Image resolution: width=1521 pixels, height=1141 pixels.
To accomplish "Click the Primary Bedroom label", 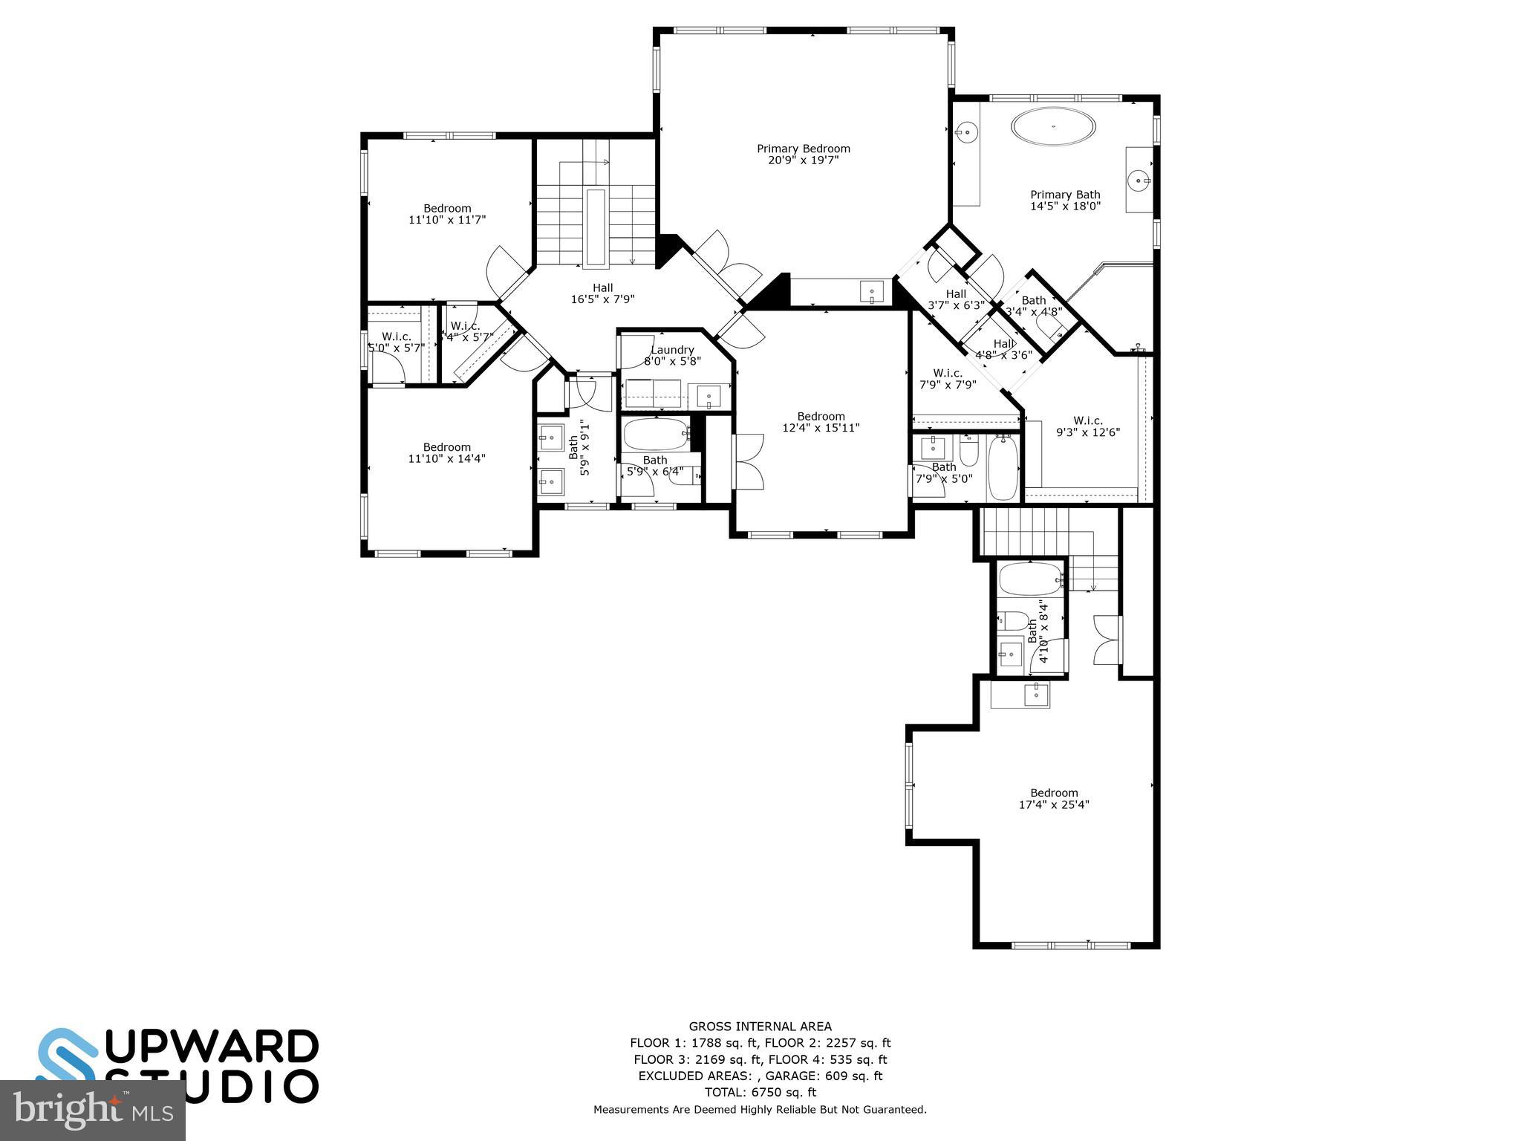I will coord(803,154).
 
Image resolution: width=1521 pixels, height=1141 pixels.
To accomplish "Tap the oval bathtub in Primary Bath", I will coord(1053,127).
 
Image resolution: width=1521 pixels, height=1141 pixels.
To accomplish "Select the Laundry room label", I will coord(672,355).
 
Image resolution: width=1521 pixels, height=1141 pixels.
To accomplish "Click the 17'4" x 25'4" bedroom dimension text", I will coord(1054,804).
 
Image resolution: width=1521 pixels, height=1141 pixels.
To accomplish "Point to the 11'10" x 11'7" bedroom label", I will coord(447,214).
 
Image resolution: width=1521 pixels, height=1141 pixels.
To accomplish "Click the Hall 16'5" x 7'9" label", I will coord(602,293).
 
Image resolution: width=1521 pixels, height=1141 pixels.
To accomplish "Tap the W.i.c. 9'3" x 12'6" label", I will coord(1088,426).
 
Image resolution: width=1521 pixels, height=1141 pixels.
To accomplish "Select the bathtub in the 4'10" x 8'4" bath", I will coord(1030,579).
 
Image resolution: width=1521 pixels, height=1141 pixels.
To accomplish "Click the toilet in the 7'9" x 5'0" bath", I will coord(969,450).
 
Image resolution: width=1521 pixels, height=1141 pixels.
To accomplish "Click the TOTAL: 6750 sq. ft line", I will coord(760,1092).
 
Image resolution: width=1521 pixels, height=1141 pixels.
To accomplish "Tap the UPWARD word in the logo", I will coord(215,1047).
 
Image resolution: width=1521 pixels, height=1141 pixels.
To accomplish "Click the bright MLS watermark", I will coord(93,1111).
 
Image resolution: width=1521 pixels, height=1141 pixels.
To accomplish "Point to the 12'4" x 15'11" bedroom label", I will coord(821,422).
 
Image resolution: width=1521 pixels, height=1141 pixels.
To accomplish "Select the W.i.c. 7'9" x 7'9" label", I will coord(948,379).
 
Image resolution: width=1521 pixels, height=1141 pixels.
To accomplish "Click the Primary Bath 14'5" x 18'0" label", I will coord(1065,200).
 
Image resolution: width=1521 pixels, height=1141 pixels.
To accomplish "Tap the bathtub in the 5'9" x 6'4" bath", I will coord(656,434).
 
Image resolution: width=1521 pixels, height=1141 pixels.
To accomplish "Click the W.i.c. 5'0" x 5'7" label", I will coord(397,342).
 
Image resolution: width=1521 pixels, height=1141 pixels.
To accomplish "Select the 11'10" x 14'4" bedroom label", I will coord(447,452).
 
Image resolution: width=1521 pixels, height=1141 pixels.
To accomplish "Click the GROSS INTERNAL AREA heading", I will coord(760,1027).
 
